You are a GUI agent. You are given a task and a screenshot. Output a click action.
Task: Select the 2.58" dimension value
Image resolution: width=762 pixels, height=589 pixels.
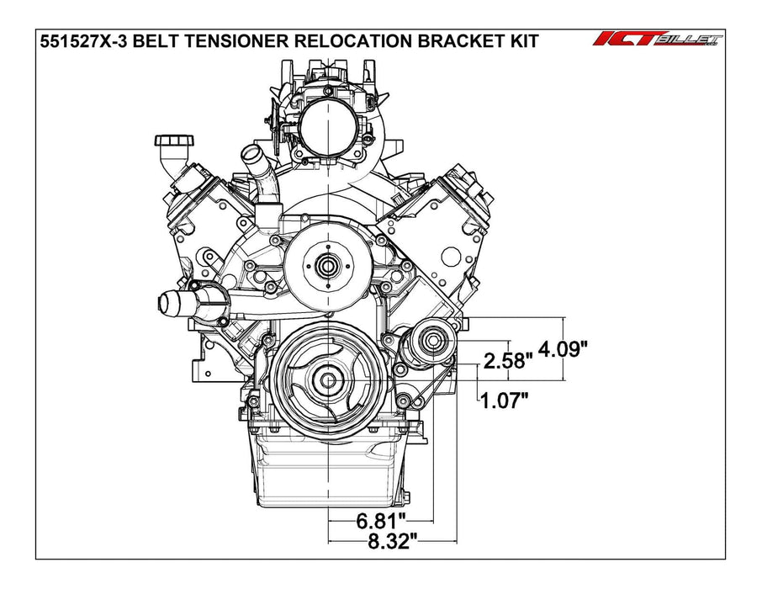click(x=509, y=362)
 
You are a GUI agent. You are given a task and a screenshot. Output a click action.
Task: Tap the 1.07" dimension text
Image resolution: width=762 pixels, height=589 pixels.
click(x=504, y=400)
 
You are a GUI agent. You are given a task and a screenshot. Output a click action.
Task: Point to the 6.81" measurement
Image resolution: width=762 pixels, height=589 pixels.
click(x=379, y=520)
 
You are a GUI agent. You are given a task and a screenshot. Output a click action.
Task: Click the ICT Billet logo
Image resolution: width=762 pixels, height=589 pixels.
click(x=659, y=40)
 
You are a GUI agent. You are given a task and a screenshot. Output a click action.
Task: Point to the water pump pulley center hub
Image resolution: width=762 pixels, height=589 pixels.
click(x=326, y=266)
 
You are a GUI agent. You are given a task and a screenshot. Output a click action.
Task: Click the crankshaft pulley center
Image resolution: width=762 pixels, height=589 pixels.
click(x=325, y=380)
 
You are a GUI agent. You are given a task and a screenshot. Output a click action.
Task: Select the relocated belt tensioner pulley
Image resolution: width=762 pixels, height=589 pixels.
click(x=433, y=342)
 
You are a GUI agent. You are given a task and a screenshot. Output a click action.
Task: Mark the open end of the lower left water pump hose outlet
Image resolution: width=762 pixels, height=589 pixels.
click(x=165, y=301)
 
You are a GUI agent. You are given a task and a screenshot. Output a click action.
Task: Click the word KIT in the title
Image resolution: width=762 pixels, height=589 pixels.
click(x=520, y=41)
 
